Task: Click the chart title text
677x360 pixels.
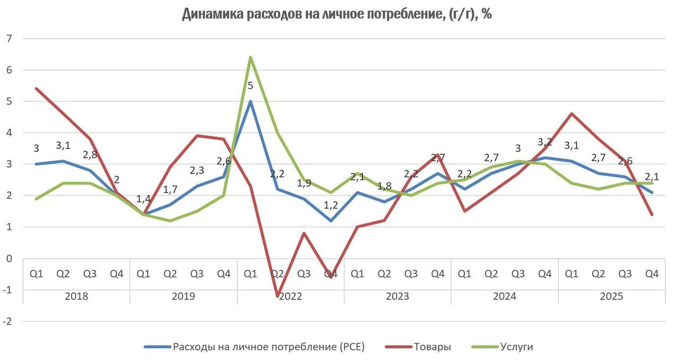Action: [x=337, y=14]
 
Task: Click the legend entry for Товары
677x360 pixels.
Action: [x=433, y=347]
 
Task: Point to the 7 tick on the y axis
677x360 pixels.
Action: [x=9, y=39]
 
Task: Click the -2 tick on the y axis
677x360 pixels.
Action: [x=7, y=321]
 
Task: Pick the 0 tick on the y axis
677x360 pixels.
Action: [x=9, y=259]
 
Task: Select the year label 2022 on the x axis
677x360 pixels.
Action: [x=290, y=296]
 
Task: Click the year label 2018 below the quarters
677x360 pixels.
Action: [x=76, y=296]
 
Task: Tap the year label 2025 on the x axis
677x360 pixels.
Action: [x=611, y=296]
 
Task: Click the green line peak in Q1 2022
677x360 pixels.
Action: [x=250, y=57]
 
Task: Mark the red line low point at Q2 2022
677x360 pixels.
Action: [x=277, y=296]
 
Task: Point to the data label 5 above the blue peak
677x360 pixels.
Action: [x=250, y=85]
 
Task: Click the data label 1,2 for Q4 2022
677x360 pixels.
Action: [x=331, y=205]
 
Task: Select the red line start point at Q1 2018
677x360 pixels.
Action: [x=36, y=89]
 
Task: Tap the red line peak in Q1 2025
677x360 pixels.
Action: [x=571, y=114]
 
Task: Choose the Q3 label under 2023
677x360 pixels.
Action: [x=411, y=274]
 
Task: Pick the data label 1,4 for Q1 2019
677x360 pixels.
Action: [x=143, y=199]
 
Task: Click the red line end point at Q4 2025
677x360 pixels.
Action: [x=652, y=215]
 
